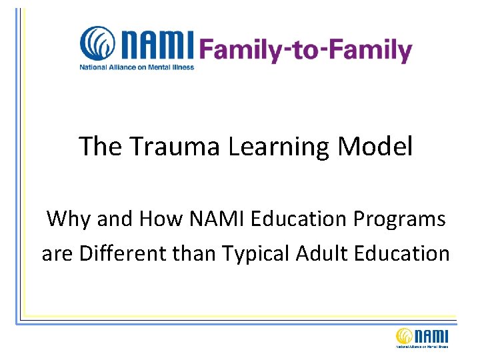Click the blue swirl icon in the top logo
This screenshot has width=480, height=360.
97,44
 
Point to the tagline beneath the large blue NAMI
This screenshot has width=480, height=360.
137,67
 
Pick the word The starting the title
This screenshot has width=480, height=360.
100,147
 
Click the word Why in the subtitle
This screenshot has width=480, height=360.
68,219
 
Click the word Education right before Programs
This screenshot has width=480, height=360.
311,219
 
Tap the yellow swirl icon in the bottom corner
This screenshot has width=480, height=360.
405,337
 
